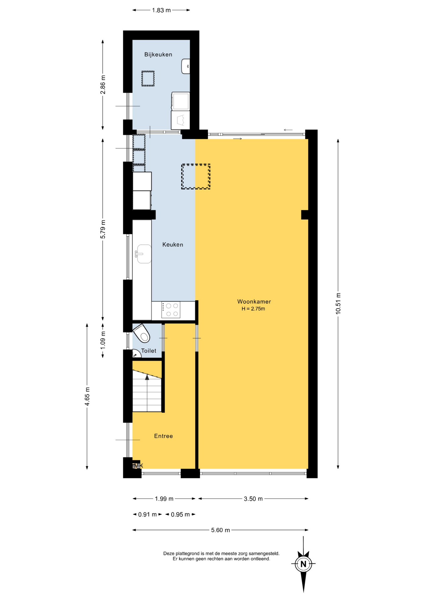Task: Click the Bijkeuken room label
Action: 158,54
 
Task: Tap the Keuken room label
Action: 172,244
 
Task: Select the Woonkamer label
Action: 254,301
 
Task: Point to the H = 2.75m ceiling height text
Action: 253,309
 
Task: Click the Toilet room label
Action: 149,351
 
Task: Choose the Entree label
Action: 163,436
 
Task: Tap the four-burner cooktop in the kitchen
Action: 171,310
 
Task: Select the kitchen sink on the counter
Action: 143,254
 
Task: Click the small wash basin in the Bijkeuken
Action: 186,66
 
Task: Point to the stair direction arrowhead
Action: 147,377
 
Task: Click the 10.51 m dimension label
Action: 338,304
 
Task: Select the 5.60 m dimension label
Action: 220,530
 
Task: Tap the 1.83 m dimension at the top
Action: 161,10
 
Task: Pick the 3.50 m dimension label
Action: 253,499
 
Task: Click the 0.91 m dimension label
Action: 147,514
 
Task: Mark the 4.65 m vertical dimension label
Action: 87,396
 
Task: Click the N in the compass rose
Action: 303,564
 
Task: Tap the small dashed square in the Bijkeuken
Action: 148,79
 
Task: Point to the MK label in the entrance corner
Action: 138,466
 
